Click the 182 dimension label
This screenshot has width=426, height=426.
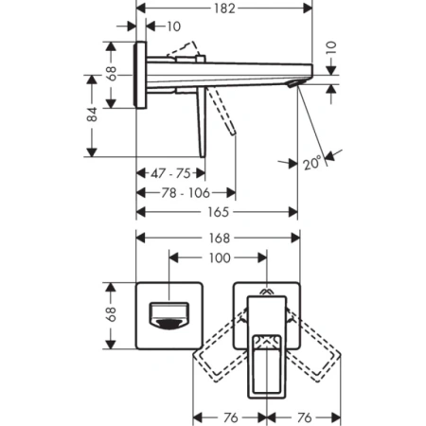tap(224, 8)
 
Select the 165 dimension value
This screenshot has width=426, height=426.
tap(218, 212)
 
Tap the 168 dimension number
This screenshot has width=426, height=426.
tap(218, 239)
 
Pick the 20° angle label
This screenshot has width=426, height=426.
tap(311, 162)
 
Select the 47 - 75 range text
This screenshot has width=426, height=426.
tap(171, 173)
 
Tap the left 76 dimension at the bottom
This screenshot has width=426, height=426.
tap(228, 416)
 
